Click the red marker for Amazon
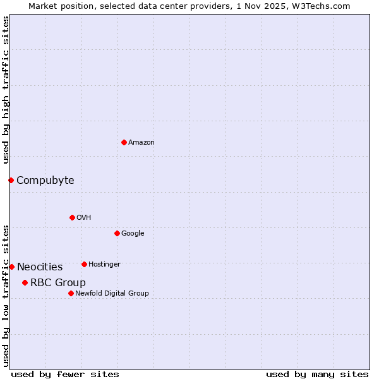coord(124,142)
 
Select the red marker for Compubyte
coord(11,180)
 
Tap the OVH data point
coord(72,217)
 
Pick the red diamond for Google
coord(117,233)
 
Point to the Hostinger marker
coord(84,264)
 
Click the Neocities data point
coord(11,267)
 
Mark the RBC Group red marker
coord(25,282)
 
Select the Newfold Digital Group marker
coord(71,293)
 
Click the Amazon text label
coord(141,143)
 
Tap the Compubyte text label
coord(45,181)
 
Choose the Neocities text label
coord(40,267)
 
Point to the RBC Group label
coord(58,283)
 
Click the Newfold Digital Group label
coord(112,293)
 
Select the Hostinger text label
coord(104,264)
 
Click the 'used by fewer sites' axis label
coord(65,374)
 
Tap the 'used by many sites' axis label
coord(317,374)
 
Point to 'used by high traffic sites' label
coord(6,90)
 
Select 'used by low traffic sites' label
coord(6,296)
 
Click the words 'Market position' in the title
coord(58,6)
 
